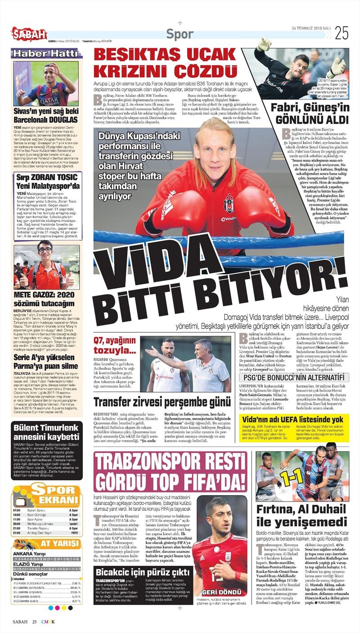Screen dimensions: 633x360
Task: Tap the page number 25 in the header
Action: click(x=342, y=33)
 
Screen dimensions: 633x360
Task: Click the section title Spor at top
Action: click(x=180, y=34)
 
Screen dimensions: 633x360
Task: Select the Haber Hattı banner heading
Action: click(x=45, y=53)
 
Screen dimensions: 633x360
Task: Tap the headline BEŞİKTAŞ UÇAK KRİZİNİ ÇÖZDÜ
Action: click(x=165, y=63)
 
